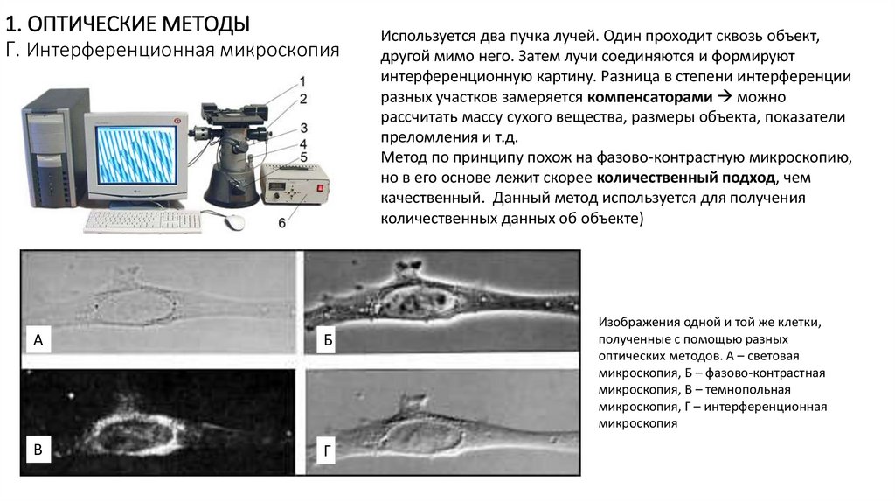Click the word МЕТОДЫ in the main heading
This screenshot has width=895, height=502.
click(206, 24)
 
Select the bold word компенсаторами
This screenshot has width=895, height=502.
click(649, 97)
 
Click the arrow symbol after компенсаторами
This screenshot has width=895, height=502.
click(725, 96)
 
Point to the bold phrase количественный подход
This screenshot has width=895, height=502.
click(685, 178)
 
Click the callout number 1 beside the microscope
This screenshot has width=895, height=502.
click(302, 81)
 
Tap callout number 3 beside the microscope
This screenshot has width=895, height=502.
click(303, 129)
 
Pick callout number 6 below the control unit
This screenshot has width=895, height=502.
click(282, 223)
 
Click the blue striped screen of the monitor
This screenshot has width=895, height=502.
click(135, 155)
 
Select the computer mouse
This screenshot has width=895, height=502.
click(234, 221)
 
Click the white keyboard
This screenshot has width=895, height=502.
click(143, 221)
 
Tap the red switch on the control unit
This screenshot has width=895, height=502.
click(320, 187)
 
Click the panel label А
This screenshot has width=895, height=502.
click(38, 340)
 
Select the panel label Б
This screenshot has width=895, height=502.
click(328, 340)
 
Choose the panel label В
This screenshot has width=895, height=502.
click(38, 449)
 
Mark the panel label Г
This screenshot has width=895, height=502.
click(327, 451)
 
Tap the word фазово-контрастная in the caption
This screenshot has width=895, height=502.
click(765, 373)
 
